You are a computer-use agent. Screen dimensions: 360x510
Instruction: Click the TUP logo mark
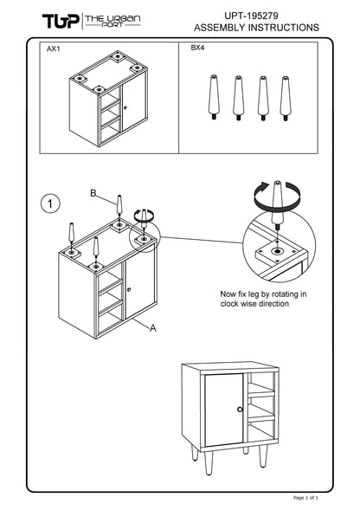[61, 21]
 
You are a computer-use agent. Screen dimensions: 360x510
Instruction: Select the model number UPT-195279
[251, 16]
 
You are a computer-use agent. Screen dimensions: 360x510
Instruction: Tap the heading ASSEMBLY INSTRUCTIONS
[256, 28]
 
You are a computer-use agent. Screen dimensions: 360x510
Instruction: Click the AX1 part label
[54, 49]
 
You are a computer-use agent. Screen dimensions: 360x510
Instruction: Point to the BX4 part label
[197, 48]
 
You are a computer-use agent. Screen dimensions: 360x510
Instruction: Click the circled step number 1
[50, 204]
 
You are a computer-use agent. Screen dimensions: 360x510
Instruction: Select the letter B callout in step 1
[93, 193]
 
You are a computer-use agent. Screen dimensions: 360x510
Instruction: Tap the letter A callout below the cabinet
[153, 328]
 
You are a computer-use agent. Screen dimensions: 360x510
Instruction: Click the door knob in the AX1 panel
[125, 107]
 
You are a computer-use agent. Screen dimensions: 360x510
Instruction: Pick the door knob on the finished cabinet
[240, 410]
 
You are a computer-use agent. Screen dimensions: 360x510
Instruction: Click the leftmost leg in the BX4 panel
[214, 97]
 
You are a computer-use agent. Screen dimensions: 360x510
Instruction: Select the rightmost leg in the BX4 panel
[286, 99]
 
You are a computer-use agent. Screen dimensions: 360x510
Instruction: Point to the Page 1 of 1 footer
[305, 498]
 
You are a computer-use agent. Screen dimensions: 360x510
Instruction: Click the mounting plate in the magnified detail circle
[276, 252]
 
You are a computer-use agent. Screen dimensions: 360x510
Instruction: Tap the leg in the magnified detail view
[277, 205]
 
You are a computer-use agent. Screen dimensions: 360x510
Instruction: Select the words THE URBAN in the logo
[112, 18]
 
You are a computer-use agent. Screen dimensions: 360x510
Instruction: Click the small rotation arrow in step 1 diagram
[144, 216]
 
